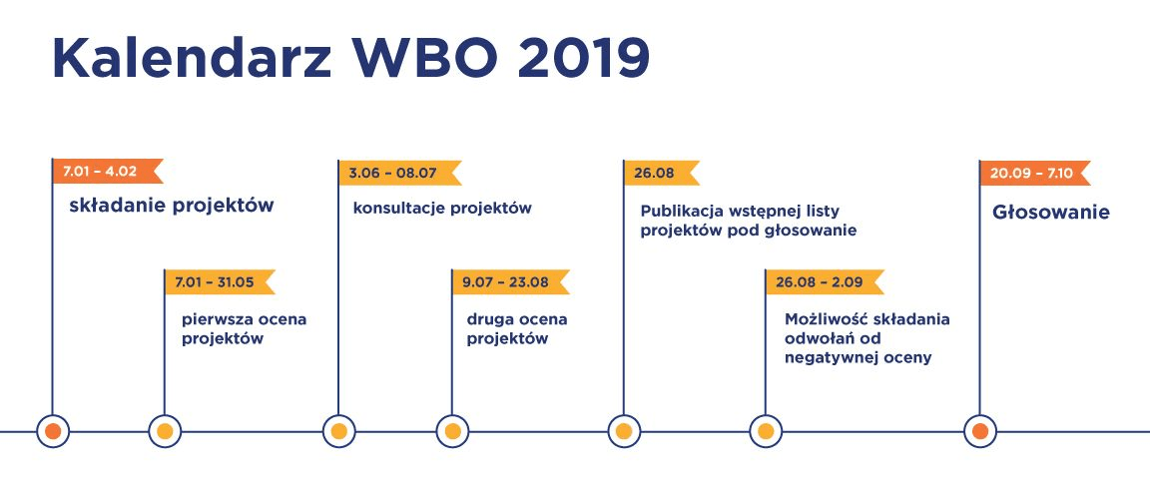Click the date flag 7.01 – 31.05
click(x=220, y=282)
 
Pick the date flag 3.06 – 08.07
click(x=399, y=173)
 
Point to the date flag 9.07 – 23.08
click(x=510, y=282)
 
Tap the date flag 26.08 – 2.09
click(x=825, y=282)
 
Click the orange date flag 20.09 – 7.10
click(x=1035, y=173)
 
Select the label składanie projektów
click(x=172, y=207)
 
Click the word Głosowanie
click(x=1051, y=213)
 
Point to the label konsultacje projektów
click(x=442, y=209)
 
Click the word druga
click(x=490, y=319)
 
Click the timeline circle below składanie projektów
click(x=53, y=431)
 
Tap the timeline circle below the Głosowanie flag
click(x=980, y=431)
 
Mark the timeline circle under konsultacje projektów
click(x=338, y=431)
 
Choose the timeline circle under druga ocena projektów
click(x=452, y=431)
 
